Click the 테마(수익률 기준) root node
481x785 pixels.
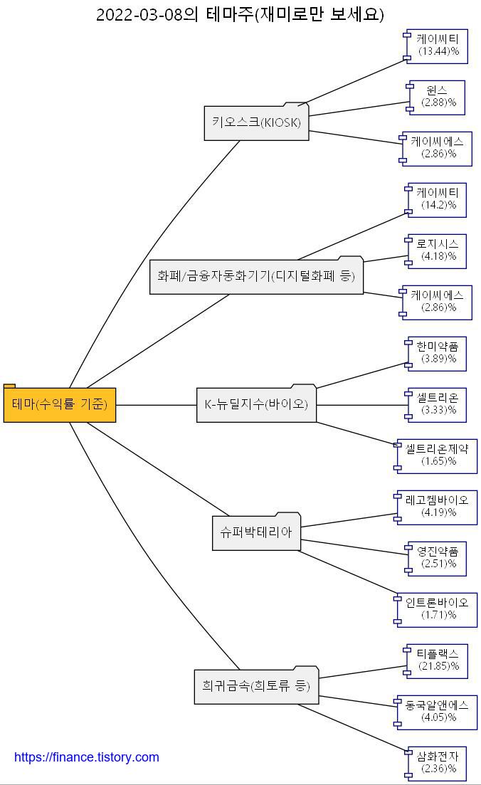click(x=60, y=405)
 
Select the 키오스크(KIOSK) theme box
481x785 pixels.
click(x=257, y=123)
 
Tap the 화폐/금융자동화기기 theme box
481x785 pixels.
click(x=256, y=277)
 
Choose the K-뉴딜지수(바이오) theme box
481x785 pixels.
click(x=256, y=405)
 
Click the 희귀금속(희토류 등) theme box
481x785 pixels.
click(x=256, y=687)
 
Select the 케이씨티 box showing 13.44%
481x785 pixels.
click(x=438, y=45)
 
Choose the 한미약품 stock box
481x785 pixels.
click(x=438, y=354)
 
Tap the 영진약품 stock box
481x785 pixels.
click(x=438, y=559)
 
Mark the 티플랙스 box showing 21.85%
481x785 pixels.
click(x=438, y=661)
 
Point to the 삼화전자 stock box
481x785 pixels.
click(x=438, y=764)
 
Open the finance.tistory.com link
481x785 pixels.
click(x=87, y=757)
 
